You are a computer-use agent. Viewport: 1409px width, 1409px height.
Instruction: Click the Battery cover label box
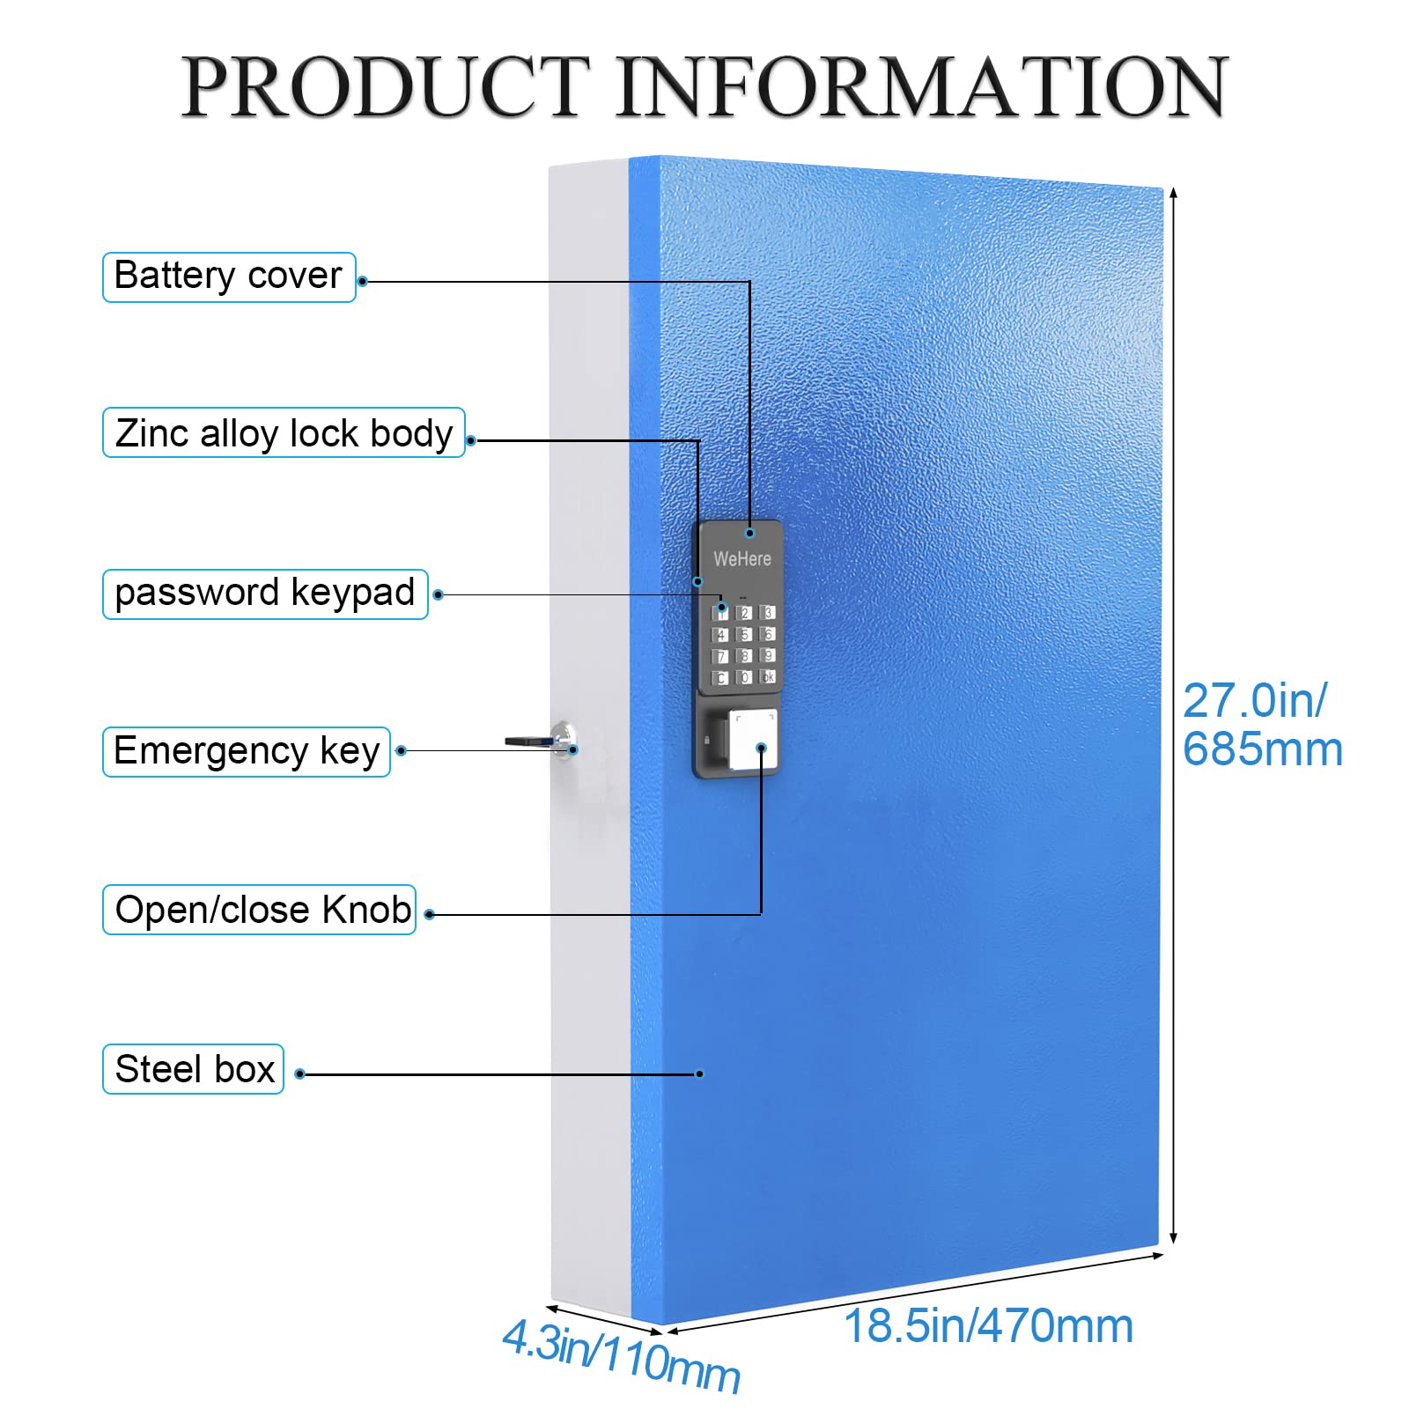coord(229,277)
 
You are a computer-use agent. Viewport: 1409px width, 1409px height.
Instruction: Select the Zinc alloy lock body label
coord(284,433)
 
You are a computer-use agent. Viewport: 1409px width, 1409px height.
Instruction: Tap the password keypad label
coord(265,594)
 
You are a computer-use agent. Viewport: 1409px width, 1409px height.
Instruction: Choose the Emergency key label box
coord(247,751)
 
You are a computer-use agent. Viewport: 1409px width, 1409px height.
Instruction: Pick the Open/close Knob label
coord(260,910)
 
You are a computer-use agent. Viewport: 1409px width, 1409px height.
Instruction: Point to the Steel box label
coord(194,1069)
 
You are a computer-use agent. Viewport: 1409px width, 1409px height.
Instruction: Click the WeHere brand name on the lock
coord(741,559)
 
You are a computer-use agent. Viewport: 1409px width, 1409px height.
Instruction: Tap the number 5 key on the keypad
coord(744,634)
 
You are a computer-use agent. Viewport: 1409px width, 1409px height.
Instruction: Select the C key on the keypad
coord(721,677)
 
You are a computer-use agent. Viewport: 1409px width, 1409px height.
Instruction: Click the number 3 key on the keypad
coord(768,612)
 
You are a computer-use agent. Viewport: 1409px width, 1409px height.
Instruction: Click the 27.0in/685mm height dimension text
coord(1261,725)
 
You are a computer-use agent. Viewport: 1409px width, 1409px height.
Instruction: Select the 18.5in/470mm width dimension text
coord(988,1326)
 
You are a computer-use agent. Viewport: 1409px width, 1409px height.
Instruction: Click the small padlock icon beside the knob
coord(707,740)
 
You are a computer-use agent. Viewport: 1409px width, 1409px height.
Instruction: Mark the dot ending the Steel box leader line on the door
coord(699,1073)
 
